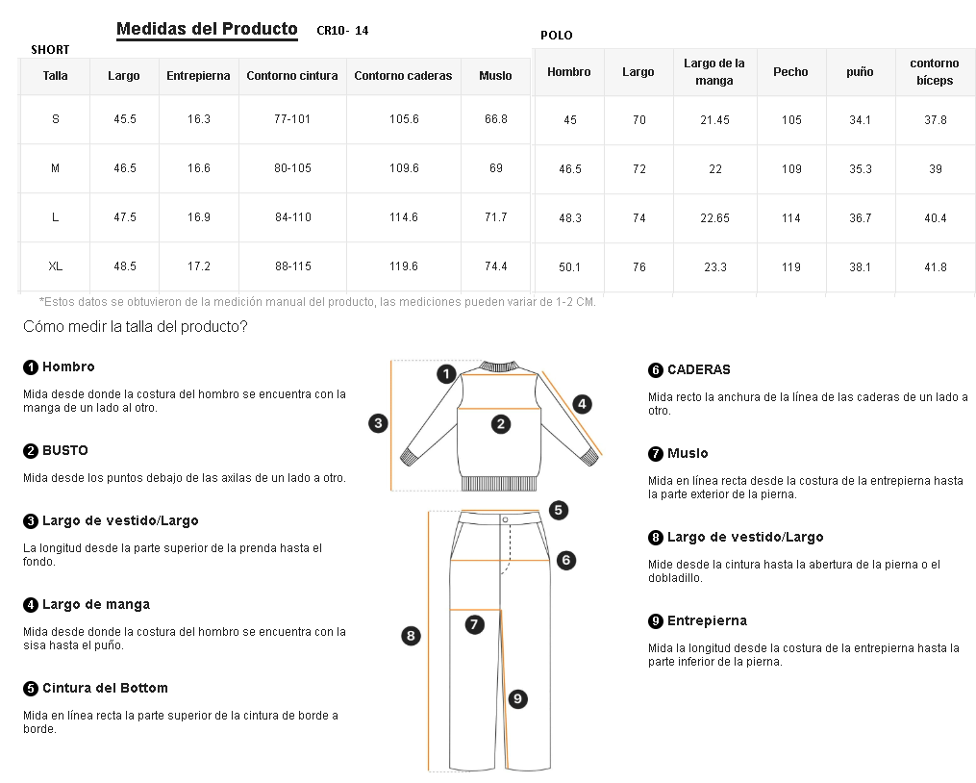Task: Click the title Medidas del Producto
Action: coord(207,29)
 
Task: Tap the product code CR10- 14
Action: coord(342,31)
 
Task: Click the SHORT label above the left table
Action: coord(50,50)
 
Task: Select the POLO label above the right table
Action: coord(556,36)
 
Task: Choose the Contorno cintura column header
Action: coord(292,76)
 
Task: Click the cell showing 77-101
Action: coord(292,119)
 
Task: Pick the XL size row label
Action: coord(56,265)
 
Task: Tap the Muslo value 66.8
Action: coord(495,119)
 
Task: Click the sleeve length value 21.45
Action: coord(714,120)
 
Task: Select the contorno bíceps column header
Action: coord(935,72)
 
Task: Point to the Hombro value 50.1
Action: coord(570,267)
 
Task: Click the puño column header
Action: coord(860,72)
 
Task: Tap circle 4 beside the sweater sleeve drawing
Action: coord(582,404)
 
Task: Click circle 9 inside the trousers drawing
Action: coord(517,699)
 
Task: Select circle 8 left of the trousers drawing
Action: coord(411,635)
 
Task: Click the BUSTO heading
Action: coord(64,450)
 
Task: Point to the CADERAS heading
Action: coord(698,369)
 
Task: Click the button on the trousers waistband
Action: coord(505,519)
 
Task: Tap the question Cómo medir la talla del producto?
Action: coord(136,327)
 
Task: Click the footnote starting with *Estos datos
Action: coord(317,302)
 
